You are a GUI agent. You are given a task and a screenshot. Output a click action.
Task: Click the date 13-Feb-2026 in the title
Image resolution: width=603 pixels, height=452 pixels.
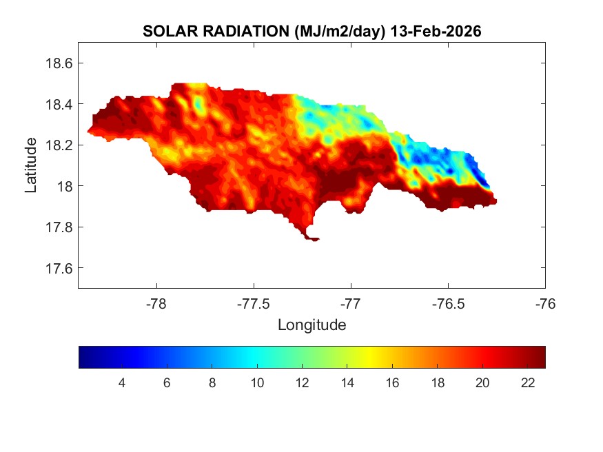point(435,32)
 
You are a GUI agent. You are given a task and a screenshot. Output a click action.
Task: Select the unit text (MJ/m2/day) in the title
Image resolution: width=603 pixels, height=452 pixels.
point(338,32)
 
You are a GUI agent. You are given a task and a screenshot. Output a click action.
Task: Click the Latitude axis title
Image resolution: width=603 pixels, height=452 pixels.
point(31,165)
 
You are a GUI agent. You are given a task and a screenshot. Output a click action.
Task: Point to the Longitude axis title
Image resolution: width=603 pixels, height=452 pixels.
point(311,325)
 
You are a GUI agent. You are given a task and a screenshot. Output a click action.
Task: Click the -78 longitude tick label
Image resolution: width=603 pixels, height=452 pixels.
point(156,303)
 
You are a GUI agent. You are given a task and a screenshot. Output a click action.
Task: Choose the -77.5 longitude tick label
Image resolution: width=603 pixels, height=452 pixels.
point(254,303)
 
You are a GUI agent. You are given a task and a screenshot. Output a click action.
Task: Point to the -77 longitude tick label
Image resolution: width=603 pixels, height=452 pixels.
point(351,303)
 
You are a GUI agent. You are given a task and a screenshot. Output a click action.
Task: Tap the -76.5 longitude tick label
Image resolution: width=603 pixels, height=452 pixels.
point(448,303)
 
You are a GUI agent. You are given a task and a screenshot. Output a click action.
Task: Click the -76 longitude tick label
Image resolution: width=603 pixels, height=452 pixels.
point(545,303)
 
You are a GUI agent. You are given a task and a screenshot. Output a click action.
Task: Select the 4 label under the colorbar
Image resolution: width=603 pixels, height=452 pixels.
point(122,384)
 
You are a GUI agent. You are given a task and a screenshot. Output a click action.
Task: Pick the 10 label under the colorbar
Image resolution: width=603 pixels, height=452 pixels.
point(257,384)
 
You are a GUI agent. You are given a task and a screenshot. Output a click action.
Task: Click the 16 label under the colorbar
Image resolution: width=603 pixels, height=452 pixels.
point(392,384)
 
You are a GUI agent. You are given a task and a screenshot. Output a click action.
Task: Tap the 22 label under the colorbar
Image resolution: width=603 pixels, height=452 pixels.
point(527,384)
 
